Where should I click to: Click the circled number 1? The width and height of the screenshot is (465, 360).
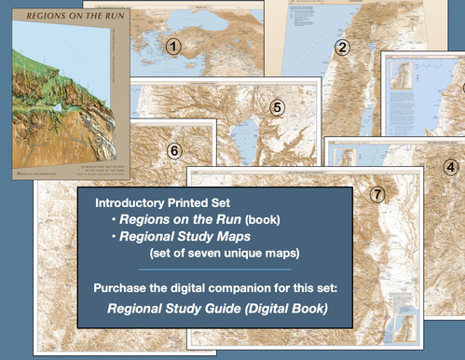coord(173,45)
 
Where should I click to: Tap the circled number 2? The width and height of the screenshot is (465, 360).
coord(342,48)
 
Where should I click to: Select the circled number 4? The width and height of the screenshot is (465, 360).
coord(451,167)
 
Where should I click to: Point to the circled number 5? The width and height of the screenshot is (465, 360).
coord(277,107)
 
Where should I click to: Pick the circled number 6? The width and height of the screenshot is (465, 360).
coord(173,150)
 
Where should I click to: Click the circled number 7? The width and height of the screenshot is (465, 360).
coord(377,194)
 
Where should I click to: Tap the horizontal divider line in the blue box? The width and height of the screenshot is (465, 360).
coord(214,270)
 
